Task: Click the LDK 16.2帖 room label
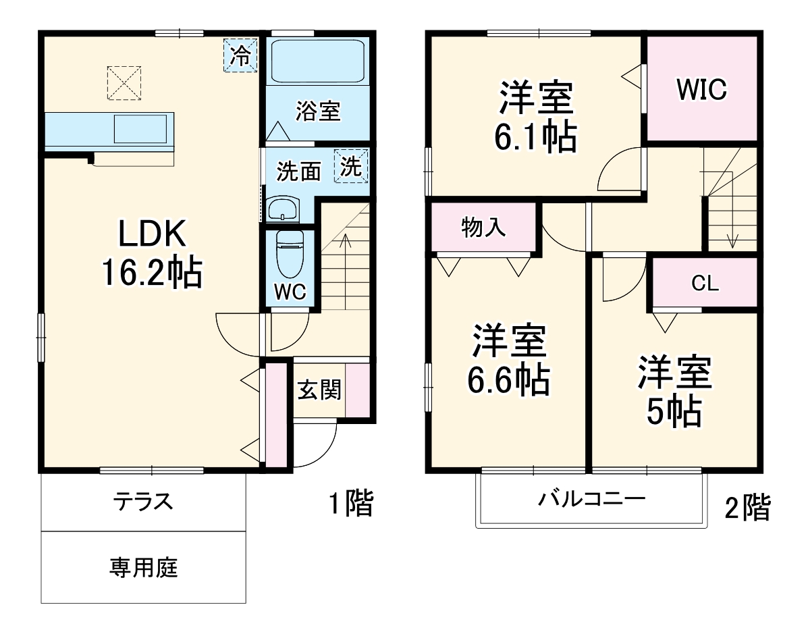[151, 254]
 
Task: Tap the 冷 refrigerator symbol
[240, 55]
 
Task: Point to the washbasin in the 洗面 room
[282, 209]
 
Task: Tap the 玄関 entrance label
[319, 390]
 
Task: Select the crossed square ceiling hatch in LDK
[124, 82]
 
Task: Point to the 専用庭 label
[143, 568]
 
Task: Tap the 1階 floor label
[350, 504]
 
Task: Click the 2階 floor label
[747, 508]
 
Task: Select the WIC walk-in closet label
[701, 89]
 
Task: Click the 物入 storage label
[483, 228]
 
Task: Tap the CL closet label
[704, 284]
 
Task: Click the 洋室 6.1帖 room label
[537, 117]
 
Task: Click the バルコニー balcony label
[591, 500]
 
